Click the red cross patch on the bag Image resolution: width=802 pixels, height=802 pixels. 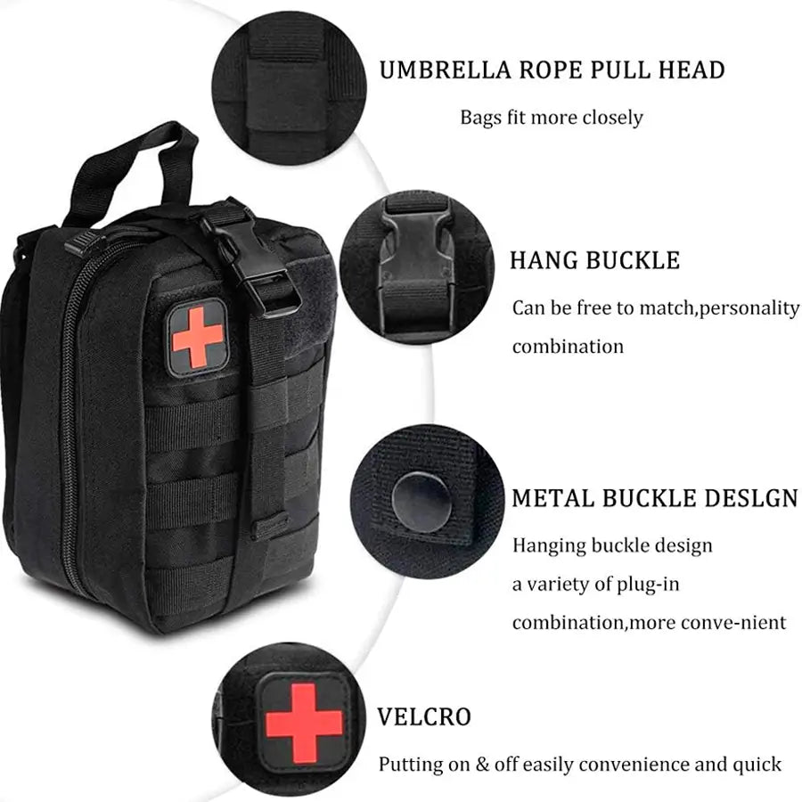198,337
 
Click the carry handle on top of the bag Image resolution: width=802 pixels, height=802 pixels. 134,168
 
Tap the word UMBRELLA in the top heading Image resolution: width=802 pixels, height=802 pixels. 445,70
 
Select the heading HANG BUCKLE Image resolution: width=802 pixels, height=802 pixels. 595,260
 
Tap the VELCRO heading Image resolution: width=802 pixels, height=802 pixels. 424,717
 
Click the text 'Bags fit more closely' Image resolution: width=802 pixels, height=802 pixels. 552,118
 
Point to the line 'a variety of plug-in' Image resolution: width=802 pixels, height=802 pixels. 596,584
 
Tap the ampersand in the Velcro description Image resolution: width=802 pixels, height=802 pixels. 482,765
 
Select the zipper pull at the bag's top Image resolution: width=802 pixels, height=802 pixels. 82,241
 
